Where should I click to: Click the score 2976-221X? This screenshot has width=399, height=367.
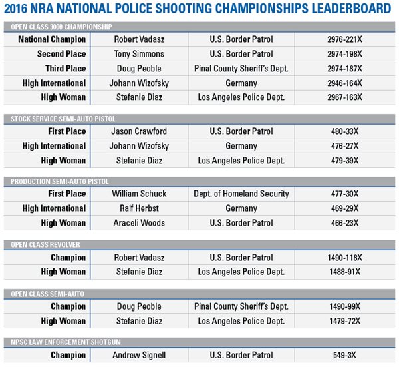(344, 39)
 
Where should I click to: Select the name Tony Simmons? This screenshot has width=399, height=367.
(139, 54)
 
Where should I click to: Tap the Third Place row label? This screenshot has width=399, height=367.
(65, 69)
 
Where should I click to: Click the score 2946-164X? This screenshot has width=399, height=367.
(344, 83)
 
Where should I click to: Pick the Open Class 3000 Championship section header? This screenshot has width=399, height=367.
(61, 27)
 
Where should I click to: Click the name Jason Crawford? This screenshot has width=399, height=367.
(139, 131)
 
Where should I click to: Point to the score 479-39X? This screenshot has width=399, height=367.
(344, 161)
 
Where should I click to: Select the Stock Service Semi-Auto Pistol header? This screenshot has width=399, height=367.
(63, 119)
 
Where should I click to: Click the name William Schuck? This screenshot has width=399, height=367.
(139, 194)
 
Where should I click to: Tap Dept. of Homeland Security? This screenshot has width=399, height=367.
(241, 194)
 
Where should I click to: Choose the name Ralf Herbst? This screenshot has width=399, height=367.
(139, 208)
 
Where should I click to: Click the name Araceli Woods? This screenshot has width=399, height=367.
(139, 223)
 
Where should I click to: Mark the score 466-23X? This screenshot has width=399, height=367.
(344, 223)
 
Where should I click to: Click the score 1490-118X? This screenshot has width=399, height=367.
(344, 258)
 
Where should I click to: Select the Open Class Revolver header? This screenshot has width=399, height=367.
(45, 245)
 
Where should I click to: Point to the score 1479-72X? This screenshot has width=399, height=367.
(344, 321)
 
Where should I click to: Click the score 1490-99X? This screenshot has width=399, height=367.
(344, 306)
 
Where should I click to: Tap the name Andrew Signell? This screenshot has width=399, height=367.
(139, 355)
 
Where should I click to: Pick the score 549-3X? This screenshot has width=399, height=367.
(344, 355)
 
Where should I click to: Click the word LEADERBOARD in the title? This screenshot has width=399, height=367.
(351, 9)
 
